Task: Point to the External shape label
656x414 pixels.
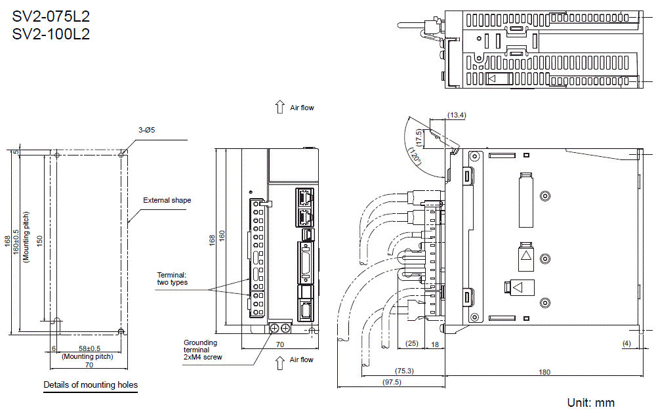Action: (167, 200)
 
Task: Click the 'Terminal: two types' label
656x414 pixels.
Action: (172, 278)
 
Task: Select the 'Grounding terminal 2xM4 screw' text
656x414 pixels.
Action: (203, 350)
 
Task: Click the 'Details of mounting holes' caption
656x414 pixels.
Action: (91, 384)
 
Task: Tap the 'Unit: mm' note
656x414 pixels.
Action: (590, 402)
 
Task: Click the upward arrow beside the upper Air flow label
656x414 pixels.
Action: (279, 108)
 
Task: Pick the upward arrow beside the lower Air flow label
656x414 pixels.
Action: (279, 360)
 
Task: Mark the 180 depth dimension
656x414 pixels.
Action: (544, 372)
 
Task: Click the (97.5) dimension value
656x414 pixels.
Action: (392, 381)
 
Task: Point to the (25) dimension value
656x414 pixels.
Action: (411, 343)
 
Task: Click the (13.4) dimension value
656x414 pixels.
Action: (456, 115)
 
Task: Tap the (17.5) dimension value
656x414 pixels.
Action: (419, 138)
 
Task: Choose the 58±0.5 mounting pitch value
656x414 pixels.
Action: (89, 348)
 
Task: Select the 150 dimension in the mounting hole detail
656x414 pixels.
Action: (39, 241)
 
